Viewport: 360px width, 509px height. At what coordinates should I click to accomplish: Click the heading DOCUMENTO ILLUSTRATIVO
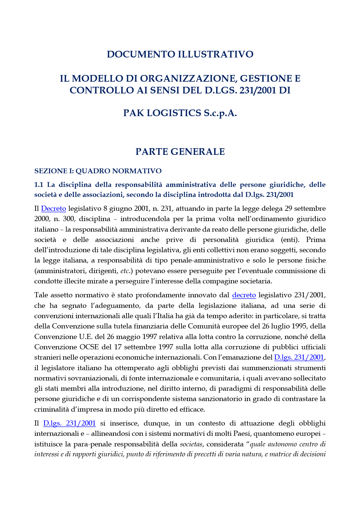(180, 54)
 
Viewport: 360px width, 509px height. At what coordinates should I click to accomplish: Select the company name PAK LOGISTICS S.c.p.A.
(180, 113)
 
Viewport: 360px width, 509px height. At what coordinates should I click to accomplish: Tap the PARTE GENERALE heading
(180, 152)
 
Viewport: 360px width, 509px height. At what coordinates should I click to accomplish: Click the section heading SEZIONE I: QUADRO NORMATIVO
(98, 171)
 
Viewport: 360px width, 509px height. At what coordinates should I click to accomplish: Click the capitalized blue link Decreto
(54, 209)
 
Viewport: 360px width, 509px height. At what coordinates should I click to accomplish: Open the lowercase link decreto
(244, 295)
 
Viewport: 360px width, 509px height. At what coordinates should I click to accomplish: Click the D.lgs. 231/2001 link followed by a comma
(299, 357)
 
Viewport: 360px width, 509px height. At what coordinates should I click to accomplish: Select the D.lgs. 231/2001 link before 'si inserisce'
(70, 423)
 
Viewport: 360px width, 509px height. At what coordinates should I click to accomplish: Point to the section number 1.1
(39, 185)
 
